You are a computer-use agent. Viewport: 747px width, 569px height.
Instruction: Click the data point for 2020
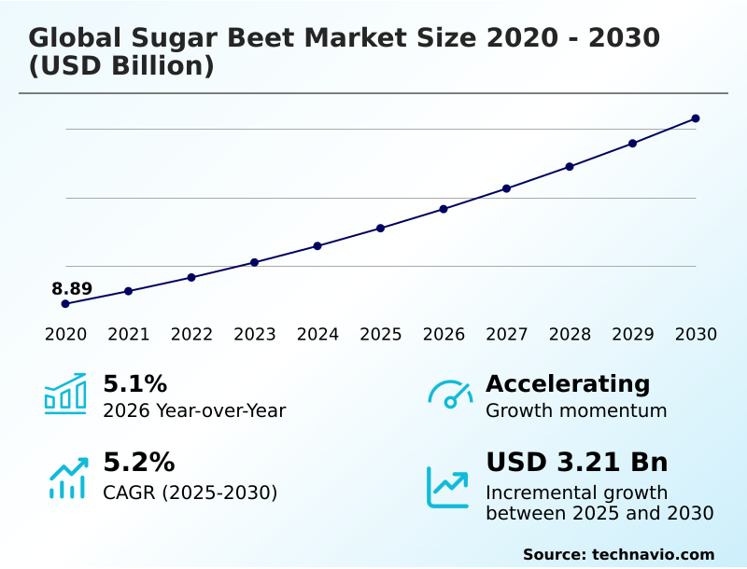point(65,304)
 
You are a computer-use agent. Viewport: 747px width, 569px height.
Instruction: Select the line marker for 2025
point(381,228)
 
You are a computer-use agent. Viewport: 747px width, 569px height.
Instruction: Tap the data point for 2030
point(696,118)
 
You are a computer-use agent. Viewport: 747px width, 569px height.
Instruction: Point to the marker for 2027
point(506,188)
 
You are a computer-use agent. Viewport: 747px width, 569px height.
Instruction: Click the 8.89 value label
point(72,289)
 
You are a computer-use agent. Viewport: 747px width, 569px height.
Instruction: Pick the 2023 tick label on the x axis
point(254,335)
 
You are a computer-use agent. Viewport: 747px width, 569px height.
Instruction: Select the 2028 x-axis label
point(570,335)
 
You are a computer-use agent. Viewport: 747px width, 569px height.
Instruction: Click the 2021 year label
point(128,335)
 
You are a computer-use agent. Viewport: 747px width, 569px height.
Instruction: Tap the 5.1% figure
point(134,383)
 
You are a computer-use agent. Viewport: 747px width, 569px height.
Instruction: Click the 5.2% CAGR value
point(138,463)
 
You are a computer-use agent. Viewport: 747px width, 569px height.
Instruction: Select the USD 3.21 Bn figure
point(577,463)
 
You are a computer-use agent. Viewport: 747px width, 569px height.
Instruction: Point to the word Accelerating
point(568,383)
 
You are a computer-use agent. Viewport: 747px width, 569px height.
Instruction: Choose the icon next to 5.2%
point(67,477)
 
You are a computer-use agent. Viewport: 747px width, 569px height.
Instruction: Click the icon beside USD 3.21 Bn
point(448,487)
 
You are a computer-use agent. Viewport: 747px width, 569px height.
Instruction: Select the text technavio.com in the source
point(653,554)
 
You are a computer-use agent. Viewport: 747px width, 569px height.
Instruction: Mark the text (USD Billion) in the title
point(121,66)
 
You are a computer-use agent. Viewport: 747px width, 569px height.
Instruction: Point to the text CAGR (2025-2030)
point(190,493)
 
